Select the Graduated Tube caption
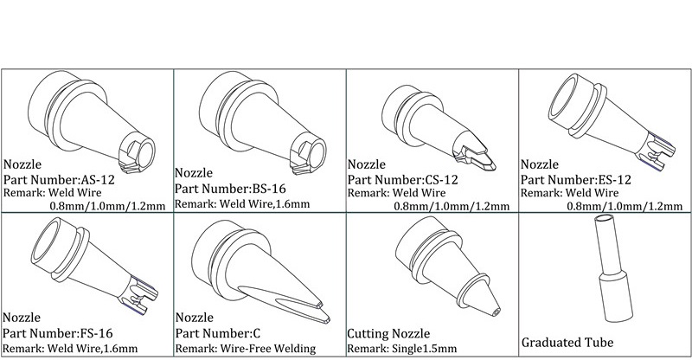coord(567,342)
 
